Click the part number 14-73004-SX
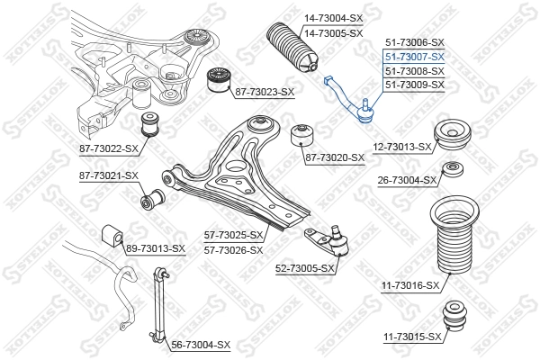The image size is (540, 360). pyautogui.click(x=332, y=17)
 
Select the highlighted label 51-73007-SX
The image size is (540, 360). pyautogui.click(x=415, y=57)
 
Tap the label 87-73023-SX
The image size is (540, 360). pyautogui.click(x=265, y=92)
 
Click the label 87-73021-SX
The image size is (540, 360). pyautogui.click(x=108, y=175)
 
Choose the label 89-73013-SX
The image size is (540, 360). pyautogui.click(x=155, y=248)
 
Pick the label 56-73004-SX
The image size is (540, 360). pyautogui.click(x=201, y=345)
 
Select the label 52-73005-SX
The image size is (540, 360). pyautogui.click(x=304, y=268)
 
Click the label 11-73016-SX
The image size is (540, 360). pyautogui.click(x=409, y=285)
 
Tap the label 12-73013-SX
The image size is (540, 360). pyautogui.click(x=401, y=147)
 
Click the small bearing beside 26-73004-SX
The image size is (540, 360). pyautogui.click(x=453, y=171)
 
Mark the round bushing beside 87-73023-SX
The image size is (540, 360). pyautogui.click(x=220, y=79)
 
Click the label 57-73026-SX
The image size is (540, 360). pyautogui.click(x=233, y=250)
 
